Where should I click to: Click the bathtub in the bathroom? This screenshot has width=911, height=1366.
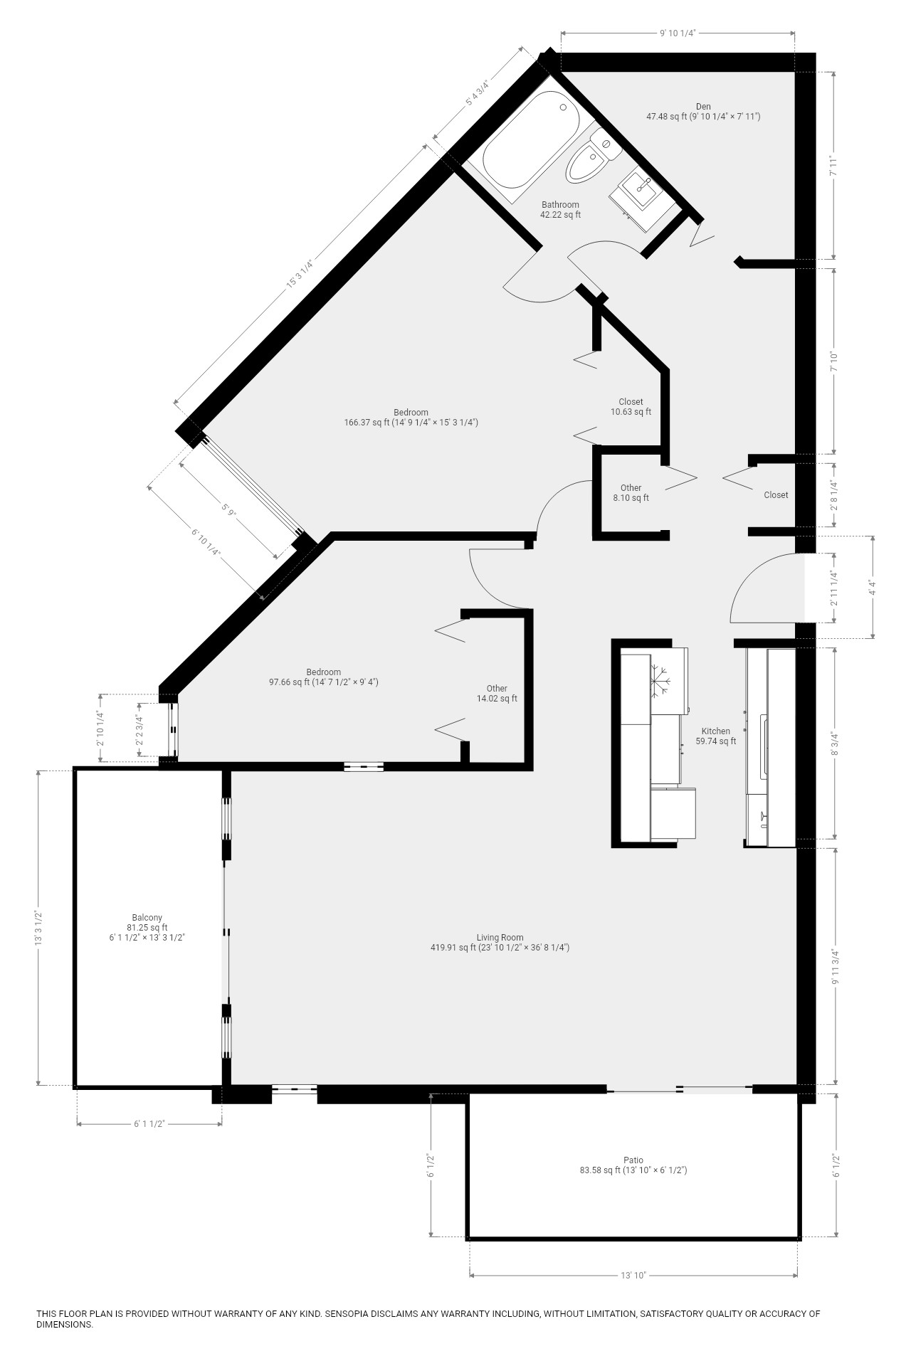[528, 142]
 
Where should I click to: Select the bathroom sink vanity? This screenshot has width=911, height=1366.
[640, 192]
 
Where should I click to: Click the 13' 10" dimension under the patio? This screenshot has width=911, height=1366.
[633, 1276]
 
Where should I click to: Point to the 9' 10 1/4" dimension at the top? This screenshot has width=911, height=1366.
[677, 33]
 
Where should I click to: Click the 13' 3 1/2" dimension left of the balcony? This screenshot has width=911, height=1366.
[40, 928]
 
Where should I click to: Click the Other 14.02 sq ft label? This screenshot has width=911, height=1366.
[497, 694]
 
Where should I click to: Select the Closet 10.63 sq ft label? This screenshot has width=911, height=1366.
[631, 407]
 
